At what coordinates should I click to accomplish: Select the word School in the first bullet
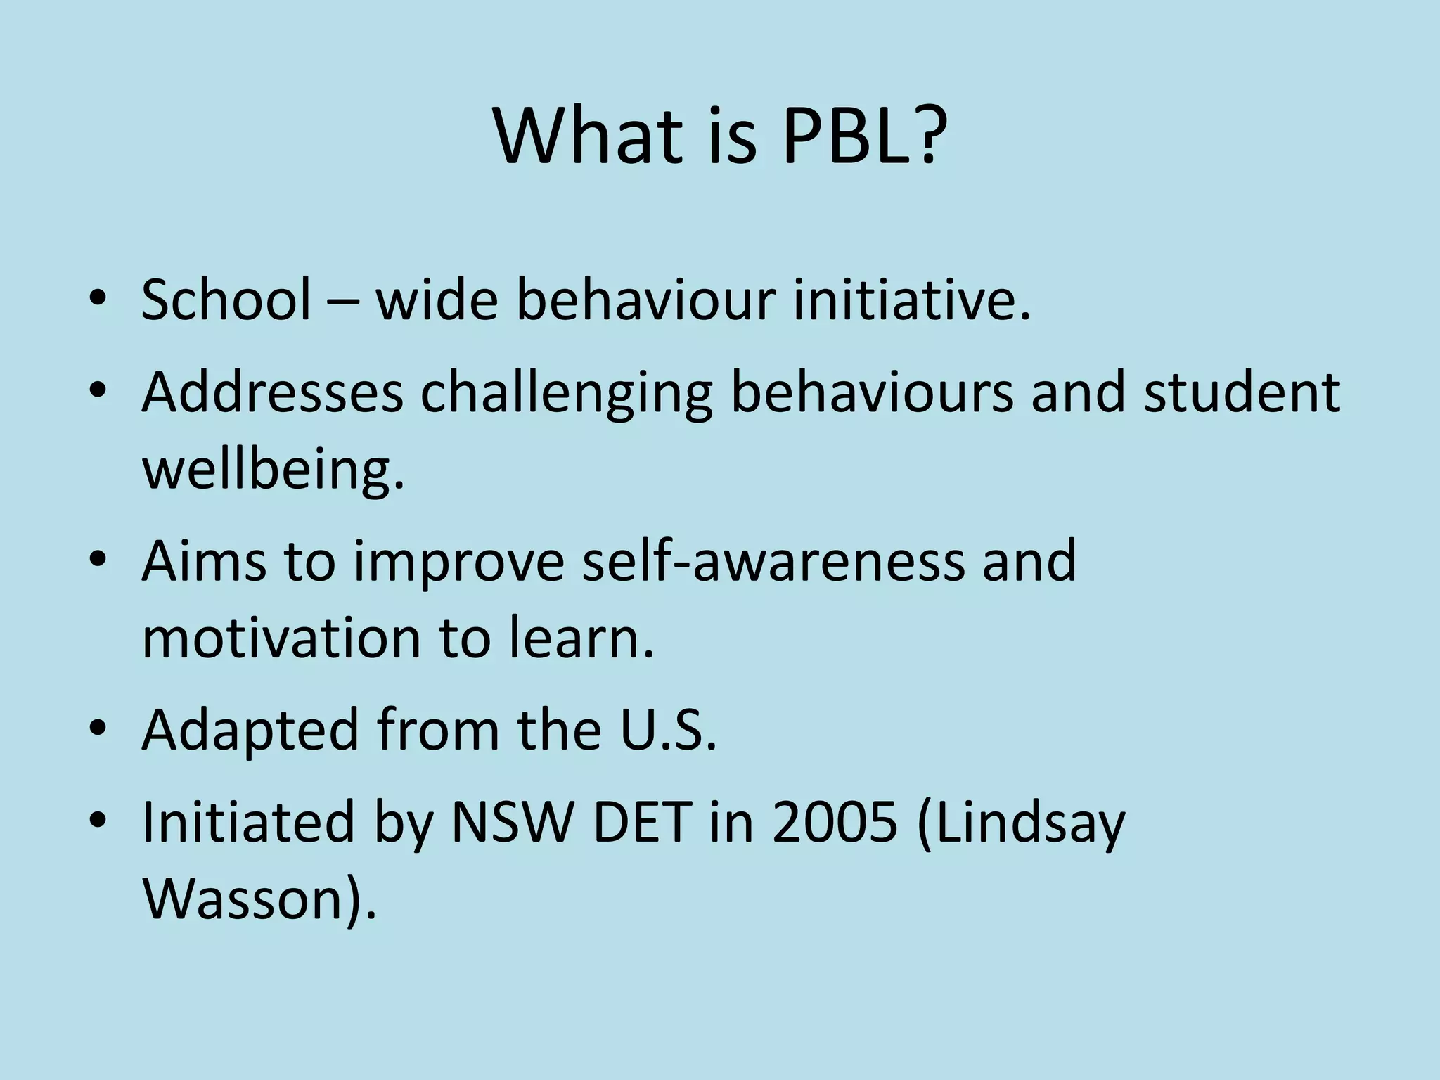(x=226, y=300)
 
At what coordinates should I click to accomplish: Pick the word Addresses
(x=272, y=392)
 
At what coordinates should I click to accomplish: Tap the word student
(x=1242, y=392)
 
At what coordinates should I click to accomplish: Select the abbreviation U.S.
(x=668, y=730)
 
